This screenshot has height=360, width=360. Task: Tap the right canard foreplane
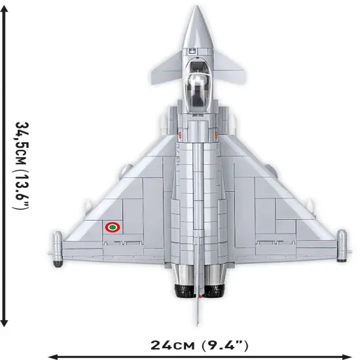pyautogui.click(x=228, y=65)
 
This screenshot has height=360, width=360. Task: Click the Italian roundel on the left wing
pyautogui.click(x=113, y=227)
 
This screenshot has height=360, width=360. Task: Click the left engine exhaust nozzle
pyautogui.click(x=182, y=290)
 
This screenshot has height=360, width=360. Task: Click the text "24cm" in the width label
pyautogui.click(x=171, y=344)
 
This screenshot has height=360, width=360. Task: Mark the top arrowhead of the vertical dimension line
pyautogui.click(x=5, y=8)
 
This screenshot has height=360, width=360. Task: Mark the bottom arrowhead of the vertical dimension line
pyautogui.click(x=5, y=321)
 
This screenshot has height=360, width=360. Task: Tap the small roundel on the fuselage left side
pyautogui.click(x=179, y=134)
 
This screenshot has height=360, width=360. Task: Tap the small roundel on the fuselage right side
pyautogui.click(x=215, y=134)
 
